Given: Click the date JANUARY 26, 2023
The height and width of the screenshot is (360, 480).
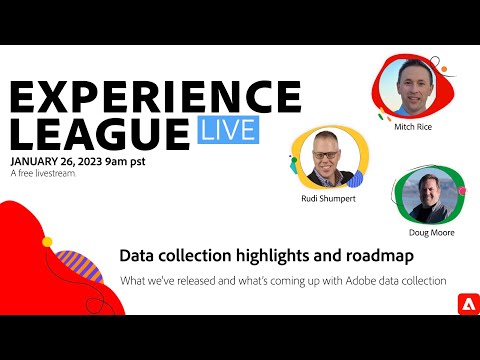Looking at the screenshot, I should (67, 160).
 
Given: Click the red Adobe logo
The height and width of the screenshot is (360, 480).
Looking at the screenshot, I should (463, 301).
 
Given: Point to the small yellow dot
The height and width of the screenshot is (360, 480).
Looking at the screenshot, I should (47, 242).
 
